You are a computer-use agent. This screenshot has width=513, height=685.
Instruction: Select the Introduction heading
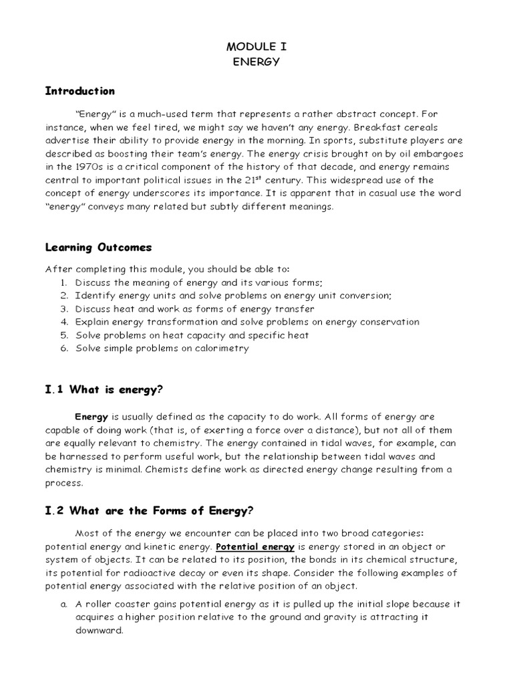[79, 91]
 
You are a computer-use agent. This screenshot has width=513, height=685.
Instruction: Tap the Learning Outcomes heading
[98, 248]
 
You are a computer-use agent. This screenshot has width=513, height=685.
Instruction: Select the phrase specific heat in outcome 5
[281, 335]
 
